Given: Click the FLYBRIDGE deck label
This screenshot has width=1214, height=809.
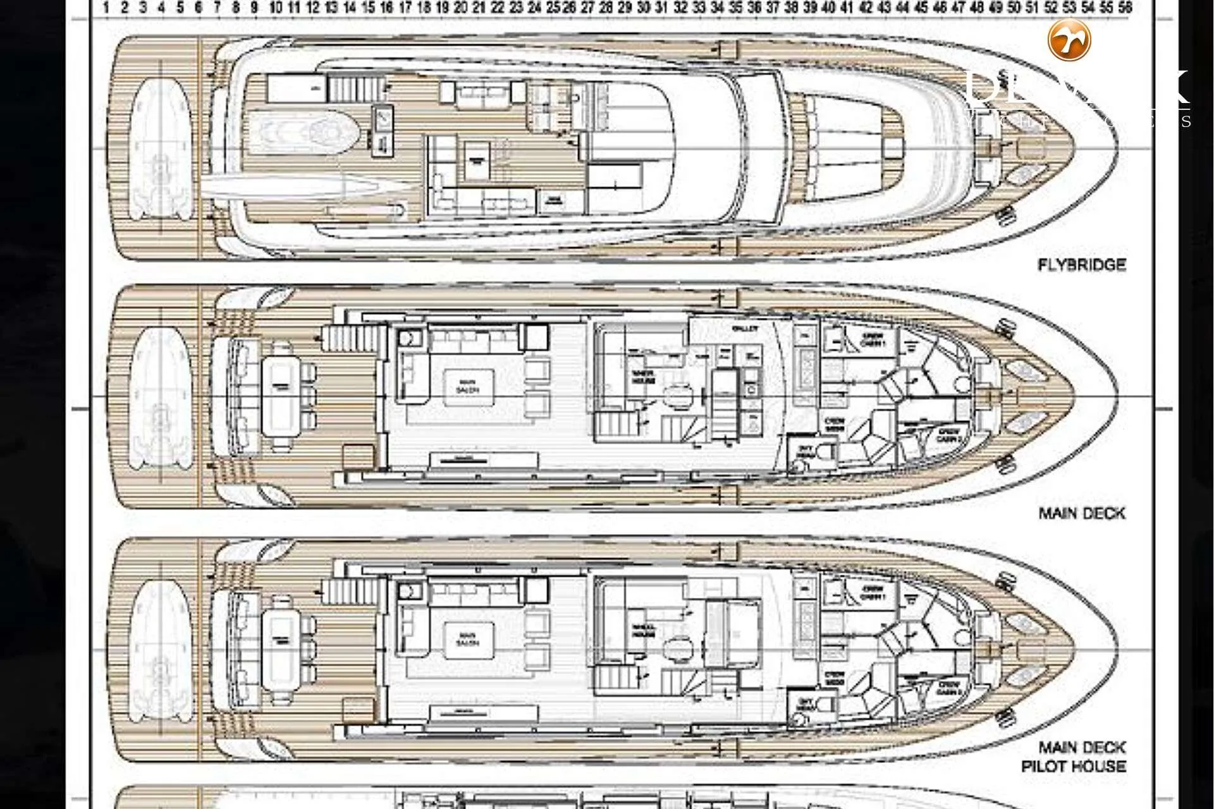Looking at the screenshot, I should coord(1082,265).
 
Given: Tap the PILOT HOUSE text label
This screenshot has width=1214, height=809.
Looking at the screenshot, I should coord(1074,767).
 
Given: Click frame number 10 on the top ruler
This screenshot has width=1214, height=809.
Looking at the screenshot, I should coord(276,8).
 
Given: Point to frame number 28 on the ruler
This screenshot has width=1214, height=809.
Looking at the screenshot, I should coord(606,8).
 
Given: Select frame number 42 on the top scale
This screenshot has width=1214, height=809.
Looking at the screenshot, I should coord(866,8).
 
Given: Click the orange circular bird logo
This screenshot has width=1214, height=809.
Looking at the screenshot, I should coord(1069,40).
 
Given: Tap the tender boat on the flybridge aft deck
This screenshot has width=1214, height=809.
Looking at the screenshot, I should coord(161,149).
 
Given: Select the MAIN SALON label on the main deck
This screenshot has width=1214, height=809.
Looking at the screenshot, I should coord(468,386).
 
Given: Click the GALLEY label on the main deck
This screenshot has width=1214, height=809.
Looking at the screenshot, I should coord(745,329).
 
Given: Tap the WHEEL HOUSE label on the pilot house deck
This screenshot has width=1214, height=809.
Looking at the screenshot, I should coord(644,631).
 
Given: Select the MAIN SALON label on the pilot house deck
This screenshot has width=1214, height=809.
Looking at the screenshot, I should coord(469,640).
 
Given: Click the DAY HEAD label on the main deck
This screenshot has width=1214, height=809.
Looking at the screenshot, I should coord(805,451).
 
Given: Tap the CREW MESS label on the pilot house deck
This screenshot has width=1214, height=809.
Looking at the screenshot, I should coord(835,679).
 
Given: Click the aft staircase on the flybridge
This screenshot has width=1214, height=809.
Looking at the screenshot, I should coord(357,87).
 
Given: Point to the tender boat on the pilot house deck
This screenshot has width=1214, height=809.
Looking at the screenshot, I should coord(161,651).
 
